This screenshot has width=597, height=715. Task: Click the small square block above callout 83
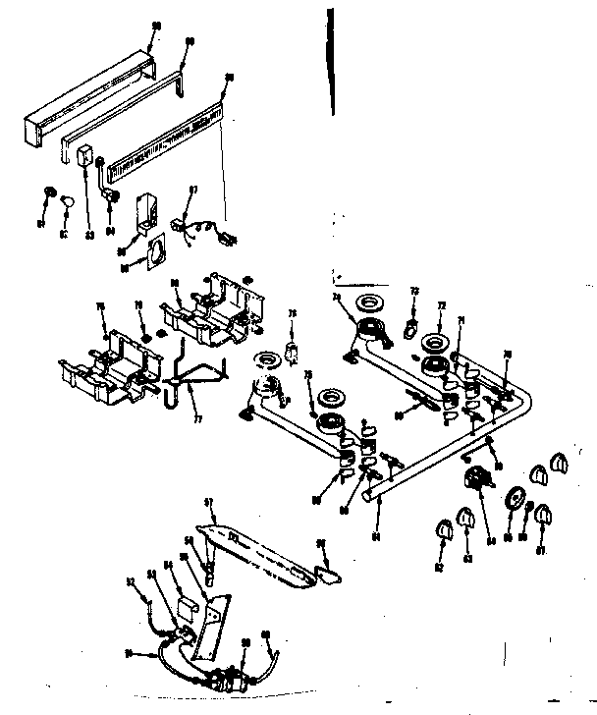85,156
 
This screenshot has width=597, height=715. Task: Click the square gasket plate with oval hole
150,252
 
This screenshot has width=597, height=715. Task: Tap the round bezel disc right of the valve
514,497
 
